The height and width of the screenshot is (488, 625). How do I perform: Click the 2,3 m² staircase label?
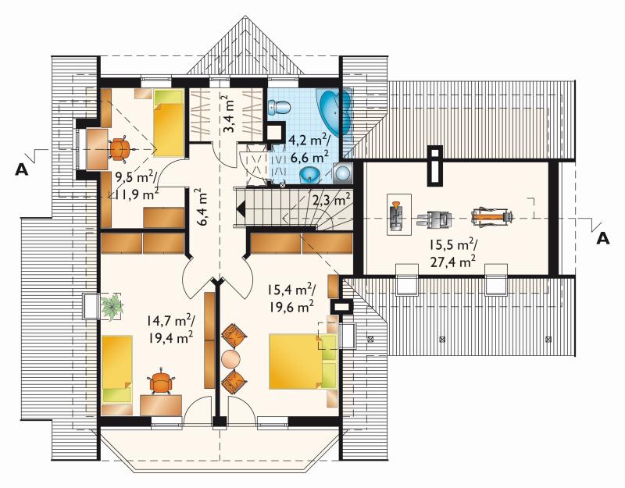(x=330, y=200)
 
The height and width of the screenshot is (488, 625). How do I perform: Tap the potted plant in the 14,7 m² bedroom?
(x=112, y=306)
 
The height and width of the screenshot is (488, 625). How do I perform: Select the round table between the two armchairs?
(x=230, y=359)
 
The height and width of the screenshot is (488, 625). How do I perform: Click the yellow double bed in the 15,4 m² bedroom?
(x=303, y=362)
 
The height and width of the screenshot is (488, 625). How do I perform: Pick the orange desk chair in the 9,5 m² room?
(x=120, y=149)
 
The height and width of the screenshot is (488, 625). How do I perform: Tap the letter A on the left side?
(x=21, y=170)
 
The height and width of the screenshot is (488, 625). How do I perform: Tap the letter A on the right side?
(x=603, y=239)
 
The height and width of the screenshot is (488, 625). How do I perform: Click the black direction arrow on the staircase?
(x=241, y=208)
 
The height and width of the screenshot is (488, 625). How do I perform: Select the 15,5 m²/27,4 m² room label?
(x=453, y=252)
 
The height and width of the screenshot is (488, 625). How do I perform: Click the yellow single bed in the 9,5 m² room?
(x=169, y=123)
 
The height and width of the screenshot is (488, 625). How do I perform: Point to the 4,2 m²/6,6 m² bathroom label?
(x=309, y=148)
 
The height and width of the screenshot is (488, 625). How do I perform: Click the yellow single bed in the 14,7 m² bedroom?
(x=116, y=369)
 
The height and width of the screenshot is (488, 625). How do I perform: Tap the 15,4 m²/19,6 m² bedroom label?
(x=290, y=299)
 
